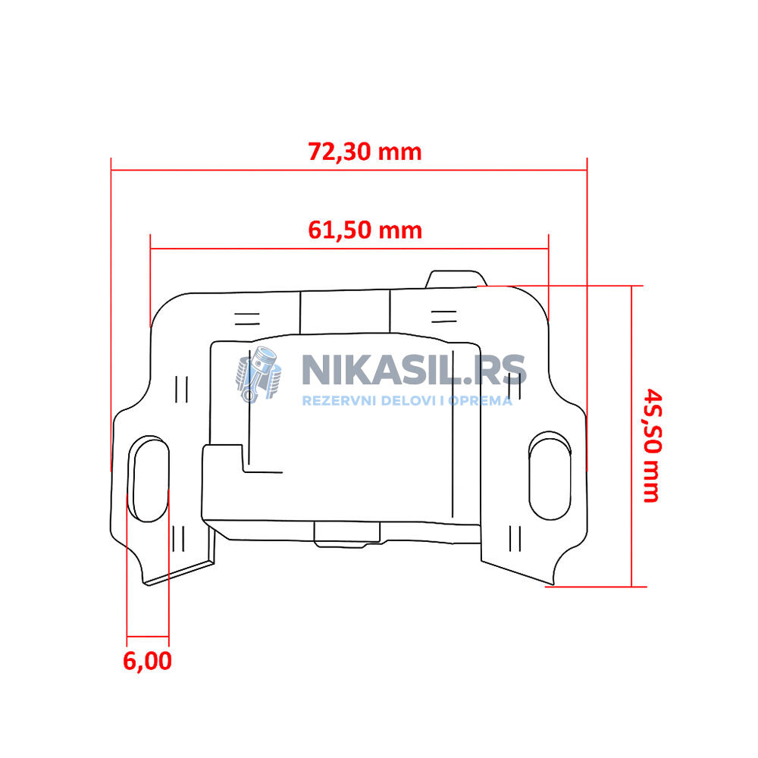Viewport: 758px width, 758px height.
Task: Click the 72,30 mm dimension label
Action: point(365,152)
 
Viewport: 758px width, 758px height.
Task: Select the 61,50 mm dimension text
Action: point(365,230)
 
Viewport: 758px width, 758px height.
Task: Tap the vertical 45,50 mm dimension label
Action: point(652,445)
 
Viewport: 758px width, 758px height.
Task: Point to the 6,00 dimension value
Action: point(147,661)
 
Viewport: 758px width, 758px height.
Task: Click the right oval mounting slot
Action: point(550,476)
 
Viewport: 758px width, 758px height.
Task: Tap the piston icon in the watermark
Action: point(258,374)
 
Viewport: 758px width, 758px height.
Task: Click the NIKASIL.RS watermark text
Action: point(414,371)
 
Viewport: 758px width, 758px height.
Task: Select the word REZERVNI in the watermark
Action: point(339,401)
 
